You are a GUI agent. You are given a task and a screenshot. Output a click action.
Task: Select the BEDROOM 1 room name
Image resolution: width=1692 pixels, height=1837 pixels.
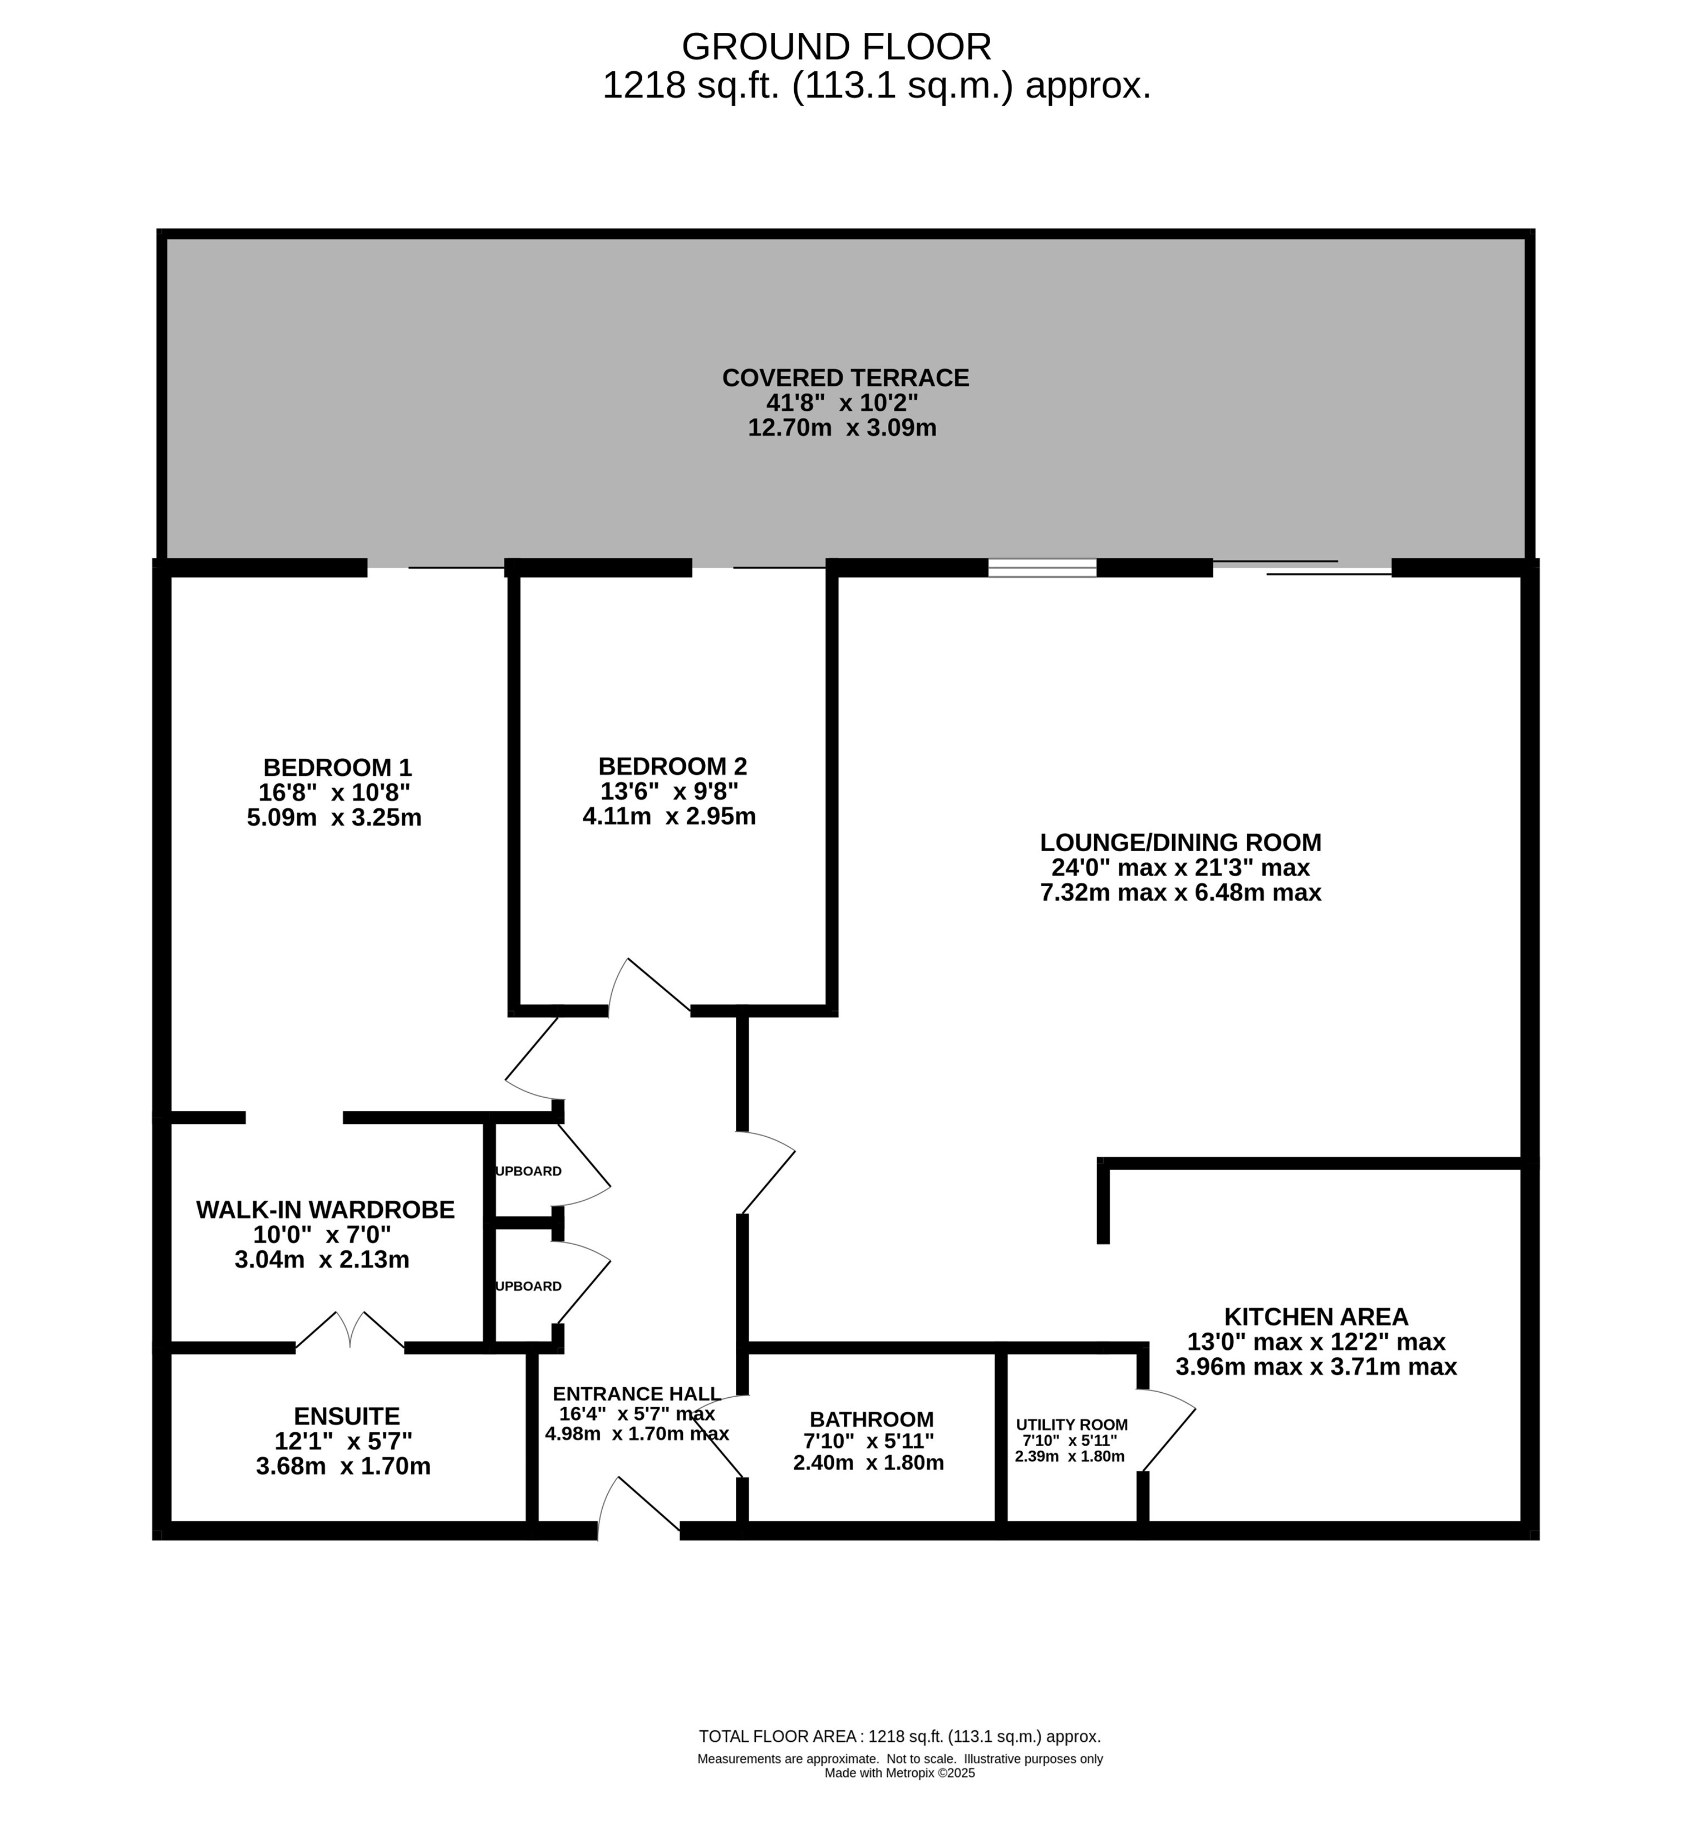pos(337,768)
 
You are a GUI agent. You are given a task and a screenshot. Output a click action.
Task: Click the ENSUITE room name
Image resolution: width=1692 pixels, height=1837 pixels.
pos(346,1417)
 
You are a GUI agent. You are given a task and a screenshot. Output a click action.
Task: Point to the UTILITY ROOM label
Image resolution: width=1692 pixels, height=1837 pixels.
pos(1071,1425)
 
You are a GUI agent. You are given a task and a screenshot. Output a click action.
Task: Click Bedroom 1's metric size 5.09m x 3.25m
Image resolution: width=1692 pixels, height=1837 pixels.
pos(334,818)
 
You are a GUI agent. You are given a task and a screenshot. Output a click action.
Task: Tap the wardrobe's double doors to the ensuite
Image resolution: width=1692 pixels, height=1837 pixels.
pos(350,1330)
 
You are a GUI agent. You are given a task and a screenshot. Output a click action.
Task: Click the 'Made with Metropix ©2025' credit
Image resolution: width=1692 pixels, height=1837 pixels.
pos(900,1773)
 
